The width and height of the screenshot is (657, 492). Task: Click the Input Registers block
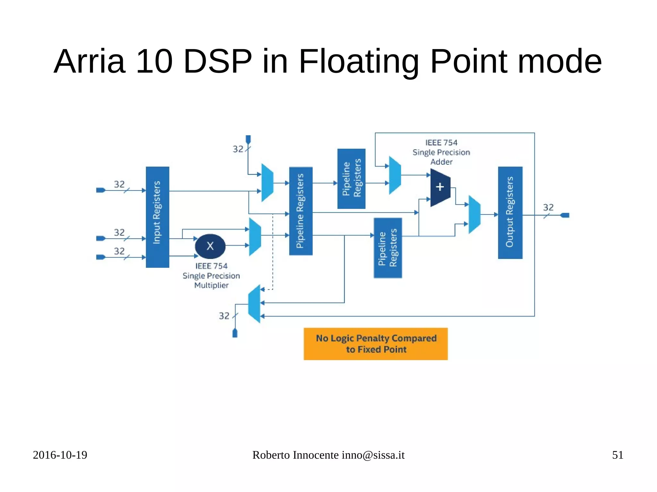tap(157, 217)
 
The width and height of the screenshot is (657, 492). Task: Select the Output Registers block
tap(510, 213)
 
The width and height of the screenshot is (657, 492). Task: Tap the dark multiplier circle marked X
tap(210, 246)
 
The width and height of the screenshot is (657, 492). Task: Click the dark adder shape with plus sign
tap(440, 188)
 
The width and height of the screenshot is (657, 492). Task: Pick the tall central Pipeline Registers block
tap(301, 211)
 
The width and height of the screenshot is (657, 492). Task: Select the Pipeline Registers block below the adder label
tap(388, 248)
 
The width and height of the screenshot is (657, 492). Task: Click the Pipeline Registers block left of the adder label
tap(351, 179)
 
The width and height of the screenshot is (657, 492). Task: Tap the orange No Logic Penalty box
tap(376, 344)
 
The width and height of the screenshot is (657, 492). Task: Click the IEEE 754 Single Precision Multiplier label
tap(211, 276)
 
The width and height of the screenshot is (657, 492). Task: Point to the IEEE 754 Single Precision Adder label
tap(441, 152)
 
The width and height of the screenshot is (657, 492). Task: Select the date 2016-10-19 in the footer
tap(60, 455)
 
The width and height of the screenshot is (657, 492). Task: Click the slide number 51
tap(618, 455)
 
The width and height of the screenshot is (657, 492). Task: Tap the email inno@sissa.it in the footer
tap(373, 455)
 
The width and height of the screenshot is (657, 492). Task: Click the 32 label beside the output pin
tap(548, 207)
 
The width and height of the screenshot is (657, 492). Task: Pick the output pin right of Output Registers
tap(565, 215)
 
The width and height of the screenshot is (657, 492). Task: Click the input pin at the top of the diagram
tap(248, 139)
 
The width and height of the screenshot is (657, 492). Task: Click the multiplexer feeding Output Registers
tap(474, 214)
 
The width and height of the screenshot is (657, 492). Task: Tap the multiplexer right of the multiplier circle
tap(255, 237)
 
